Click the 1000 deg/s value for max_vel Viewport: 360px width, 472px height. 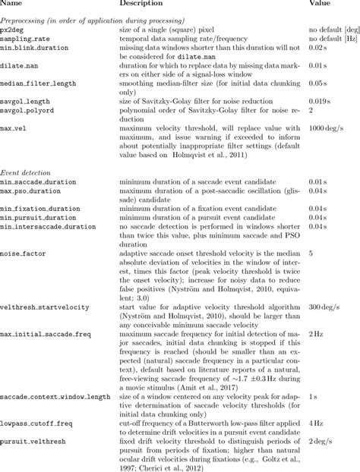pos(327,128)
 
